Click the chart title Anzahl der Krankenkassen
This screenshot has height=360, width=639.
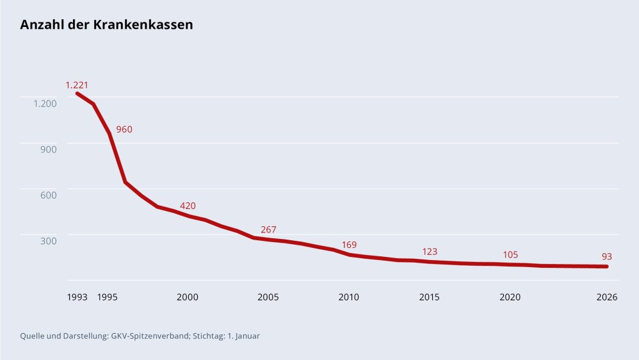click(x=106, y=25)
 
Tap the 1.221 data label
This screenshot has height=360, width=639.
click(x=76, y=85)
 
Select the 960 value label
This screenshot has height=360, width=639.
click(x=124, y=129)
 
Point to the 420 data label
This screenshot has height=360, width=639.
click(x=188, y=206)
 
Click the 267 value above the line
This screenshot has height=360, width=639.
click(x=268, y=229)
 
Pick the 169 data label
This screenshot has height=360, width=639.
click(x=349, y=245)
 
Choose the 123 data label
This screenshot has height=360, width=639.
click(x=430, y=252)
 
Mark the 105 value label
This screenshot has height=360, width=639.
click(x=510, y=255)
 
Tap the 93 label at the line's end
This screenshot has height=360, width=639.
click(x=607, y=256)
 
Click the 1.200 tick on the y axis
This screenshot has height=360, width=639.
click(x=45, y=103)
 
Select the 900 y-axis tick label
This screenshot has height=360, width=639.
click(x=49, y=149)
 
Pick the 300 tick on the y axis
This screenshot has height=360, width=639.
click(x=49, y=240)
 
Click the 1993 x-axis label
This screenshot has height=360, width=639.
click(x=77, y=297)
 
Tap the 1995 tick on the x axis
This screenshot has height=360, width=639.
click(x=107, y=297)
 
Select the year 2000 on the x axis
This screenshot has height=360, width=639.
click(x=188, y=297)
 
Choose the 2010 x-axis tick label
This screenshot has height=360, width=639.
click(x=349, y=297)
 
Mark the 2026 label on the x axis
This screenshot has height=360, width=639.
click(x=606, y=297)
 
